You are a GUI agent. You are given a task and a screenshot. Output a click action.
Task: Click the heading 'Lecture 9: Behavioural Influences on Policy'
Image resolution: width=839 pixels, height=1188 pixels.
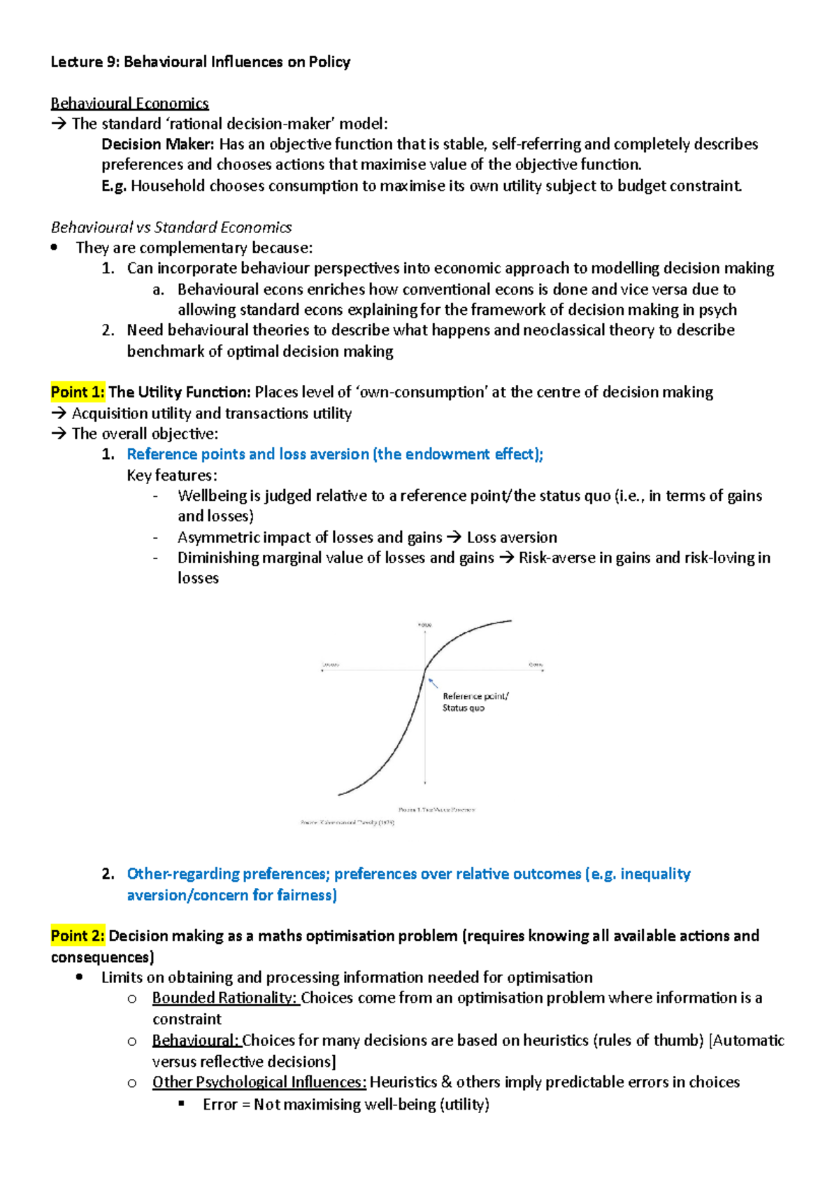[x=200, y=62]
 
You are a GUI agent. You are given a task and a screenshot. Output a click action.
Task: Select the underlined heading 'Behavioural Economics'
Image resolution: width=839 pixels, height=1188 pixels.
[x=129, y=104]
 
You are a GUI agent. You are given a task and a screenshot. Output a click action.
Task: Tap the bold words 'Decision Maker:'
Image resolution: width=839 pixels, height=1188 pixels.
[x=158, y=144]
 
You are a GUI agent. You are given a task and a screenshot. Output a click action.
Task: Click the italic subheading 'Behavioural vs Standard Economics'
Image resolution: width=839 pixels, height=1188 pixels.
[x=171, y=227]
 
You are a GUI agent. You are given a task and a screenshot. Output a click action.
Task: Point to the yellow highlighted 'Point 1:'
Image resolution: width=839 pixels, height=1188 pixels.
[x=78, y=392]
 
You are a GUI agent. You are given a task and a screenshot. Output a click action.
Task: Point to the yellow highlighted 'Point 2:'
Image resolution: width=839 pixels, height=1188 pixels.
[x=78, y=935]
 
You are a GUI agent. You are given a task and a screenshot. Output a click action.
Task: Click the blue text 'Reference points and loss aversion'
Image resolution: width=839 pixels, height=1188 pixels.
[x=248, y=454]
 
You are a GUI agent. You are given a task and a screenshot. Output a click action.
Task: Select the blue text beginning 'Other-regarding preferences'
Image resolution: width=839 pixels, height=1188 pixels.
[x=408, y=874]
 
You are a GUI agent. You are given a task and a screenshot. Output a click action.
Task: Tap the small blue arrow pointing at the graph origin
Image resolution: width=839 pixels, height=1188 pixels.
[x=433, y=682]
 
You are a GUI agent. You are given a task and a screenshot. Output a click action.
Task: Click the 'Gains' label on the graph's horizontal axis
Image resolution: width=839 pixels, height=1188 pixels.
[x=536, y=664]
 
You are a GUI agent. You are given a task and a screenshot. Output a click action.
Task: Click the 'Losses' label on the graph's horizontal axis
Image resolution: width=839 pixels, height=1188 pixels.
[x=330, y=664]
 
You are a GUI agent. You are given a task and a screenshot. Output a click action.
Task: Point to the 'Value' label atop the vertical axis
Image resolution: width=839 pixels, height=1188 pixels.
[x=424, y=624]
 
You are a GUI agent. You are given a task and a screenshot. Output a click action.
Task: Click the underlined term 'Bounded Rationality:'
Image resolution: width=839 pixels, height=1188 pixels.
[x=225, y=998]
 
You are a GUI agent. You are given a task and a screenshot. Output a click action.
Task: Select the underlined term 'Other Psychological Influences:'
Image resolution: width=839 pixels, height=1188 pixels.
[x=259, y=1082]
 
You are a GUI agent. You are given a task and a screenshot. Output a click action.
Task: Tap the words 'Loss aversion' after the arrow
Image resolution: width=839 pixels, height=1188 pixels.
[x=512, y=537]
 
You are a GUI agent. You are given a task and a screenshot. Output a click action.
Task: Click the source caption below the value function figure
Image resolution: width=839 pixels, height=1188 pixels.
[x=347, y=823]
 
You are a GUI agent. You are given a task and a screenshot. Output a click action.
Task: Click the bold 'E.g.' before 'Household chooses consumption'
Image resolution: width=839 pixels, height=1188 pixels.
[x=114, y=185]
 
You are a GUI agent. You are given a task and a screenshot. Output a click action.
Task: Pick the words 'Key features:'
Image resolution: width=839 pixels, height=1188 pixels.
[x=172, y=475]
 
